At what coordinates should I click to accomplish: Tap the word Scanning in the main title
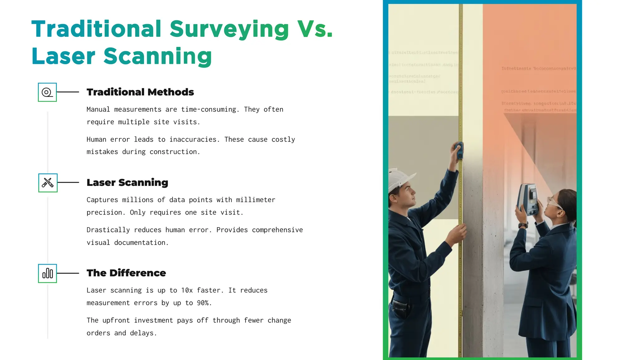click(158, 56)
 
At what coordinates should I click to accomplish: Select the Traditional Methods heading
click(140, 92)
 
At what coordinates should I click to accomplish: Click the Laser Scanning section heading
click(127, 182)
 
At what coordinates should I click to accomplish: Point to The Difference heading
click(126, 273)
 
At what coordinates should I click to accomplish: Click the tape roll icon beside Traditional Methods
click(47, 92)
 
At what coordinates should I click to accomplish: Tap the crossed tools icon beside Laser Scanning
click(48, 183)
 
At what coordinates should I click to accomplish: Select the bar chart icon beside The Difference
click(47, 274)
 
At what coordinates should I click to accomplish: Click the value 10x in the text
click(187, 290)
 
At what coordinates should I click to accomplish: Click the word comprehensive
click(277, 230)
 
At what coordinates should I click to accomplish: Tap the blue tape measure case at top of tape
click(459, 150)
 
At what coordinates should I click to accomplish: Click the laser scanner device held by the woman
click(529, 199)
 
